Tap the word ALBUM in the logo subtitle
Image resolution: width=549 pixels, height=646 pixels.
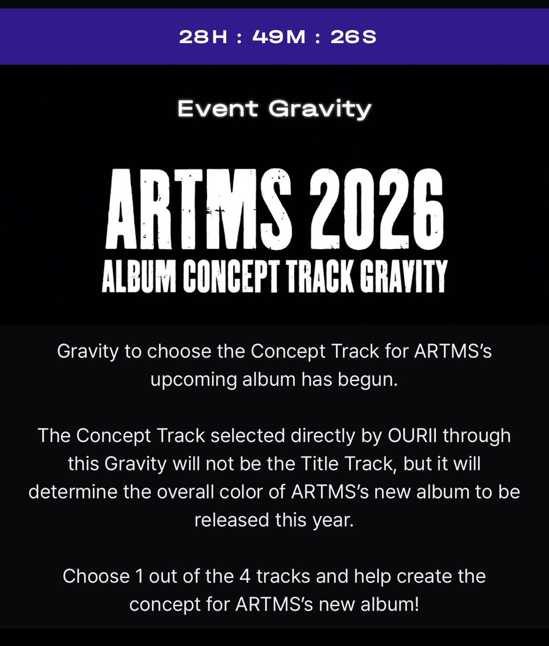tap(137, 276)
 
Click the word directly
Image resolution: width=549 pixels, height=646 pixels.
tap(329, 436)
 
